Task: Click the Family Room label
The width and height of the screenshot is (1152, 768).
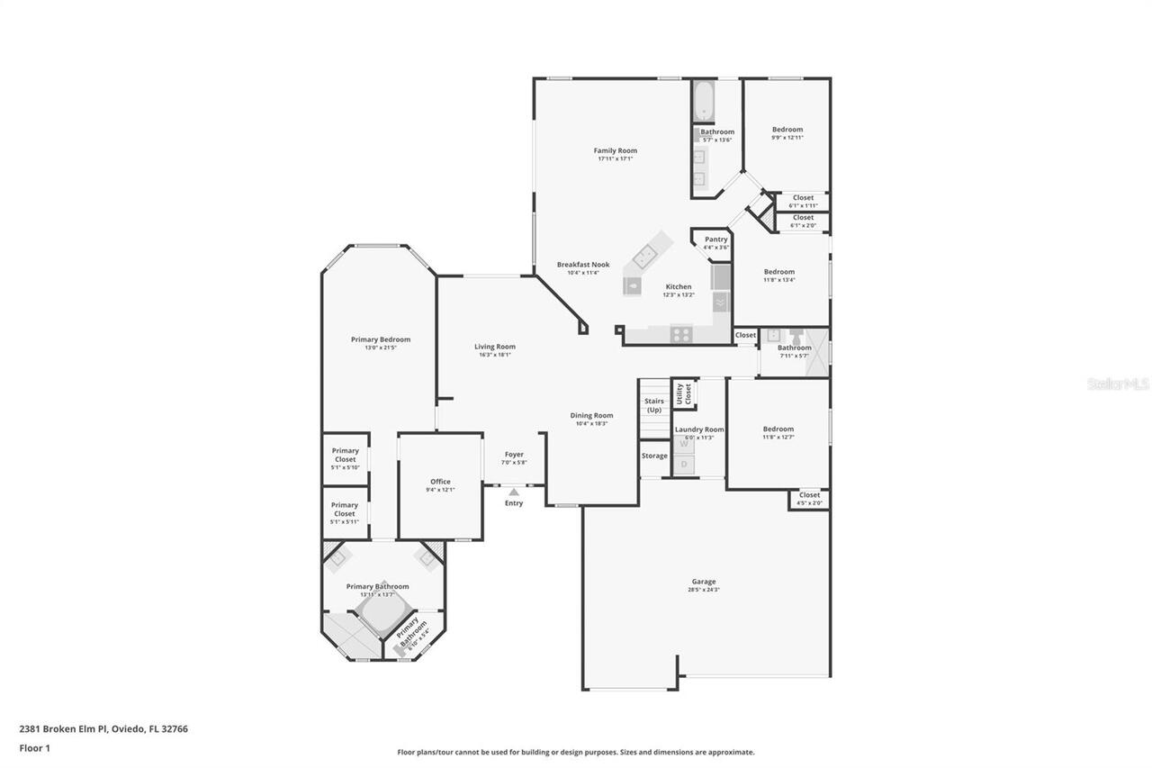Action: pos(615,150)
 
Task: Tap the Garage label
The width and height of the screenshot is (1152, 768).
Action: pos(704,582)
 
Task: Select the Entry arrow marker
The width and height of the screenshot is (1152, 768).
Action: pos(513,492)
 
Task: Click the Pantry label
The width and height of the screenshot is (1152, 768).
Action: pos(715,239)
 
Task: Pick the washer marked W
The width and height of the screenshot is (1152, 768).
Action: pos(684,444)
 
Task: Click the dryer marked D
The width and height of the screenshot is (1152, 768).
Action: pos(684,465)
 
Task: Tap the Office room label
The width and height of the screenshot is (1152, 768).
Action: pos(440,482)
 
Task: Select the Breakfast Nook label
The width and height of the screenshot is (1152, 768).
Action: pos(583,265)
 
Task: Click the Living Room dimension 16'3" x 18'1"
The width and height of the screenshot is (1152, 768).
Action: pos(495,355)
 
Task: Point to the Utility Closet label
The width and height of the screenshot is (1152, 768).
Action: pos(684,393)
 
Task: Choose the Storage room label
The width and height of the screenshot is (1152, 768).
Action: pos(654,456)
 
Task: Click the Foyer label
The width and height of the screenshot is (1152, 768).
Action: pos(514,455)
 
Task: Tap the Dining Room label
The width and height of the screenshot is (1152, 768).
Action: pos(591,415)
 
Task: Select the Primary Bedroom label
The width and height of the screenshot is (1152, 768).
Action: pos(381,339)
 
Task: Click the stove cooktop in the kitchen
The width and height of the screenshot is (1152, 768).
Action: pos(681,333)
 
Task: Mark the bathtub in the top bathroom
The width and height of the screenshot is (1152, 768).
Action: pos(703,101)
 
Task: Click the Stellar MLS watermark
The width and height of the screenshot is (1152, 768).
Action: pos(1118,384)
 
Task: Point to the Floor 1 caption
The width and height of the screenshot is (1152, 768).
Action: pos(34,747)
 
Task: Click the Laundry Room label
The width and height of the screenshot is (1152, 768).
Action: pos(699,429)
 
